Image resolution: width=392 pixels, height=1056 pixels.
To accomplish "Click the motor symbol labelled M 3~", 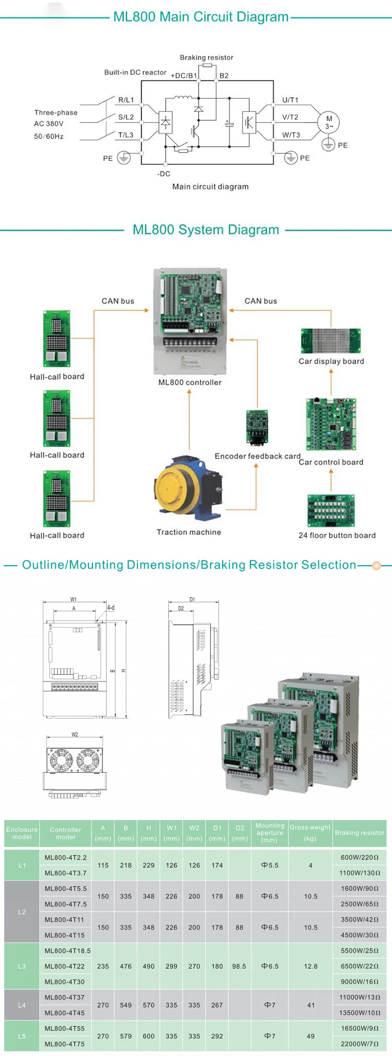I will (329, 122).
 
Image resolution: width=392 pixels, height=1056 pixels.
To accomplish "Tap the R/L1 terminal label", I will (126, 100).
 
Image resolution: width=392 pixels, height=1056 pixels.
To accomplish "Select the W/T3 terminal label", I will (291, 135).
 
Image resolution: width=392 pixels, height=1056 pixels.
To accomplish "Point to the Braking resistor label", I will (206, 58).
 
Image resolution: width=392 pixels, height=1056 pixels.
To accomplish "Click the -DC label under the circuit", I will (164, 174).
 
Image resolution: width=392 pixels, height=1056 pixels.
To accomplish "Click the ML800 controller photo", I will (190, 320).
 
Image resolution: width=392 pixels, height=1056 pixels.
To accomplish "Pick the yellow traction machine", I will (187, 489).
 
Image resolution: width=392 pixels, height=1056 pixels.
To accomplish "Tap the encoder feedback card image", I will (257, 427).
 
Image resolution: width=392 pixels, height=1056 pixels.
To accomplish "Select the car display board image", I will (331, 341).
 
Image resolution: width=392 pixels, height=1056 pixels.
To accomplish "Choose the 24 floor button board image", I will (331, 511).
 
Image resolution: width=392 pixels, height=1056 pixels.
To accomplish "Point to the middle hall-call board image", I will (56, 419).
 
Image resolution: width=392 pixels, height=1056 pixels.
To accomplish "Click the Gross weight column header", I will (310, 833).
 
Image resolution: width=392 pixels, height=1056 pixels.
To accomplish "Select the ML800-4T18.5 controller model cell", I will (67, 951).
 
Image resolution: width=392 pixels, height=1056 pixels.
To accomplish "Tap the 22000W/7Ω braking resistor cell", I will (360, 1043).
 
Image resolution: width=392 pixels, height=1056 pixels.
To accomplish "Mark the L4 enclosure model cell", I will (22, 1005).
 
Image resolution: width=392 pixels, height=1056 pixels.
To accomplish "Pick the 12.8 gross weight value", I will (310, 967).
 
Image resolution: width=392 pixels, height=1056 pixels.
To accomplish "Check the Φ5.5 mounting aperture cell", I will (270, 866).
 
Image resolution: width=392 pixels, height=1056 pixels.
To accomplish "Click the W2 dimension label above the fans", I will (75, 735).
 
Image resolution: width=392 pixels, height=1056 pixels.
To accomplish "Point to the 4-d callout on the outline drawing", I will (111, 608).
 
